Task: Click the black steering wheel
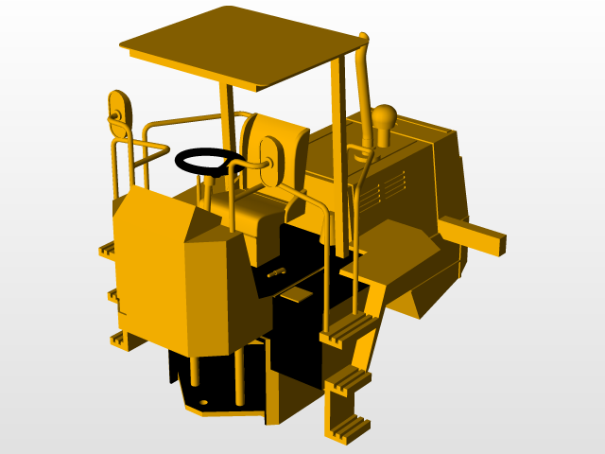point(210,162)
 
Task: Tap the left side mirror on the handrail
point(118,112)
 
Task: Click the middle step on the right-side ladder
point(347,380)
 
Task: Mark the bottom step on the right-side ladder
point(346,427)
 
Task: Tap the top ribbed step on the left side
point(107,250)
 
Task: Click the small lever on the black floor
point(277,273)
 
